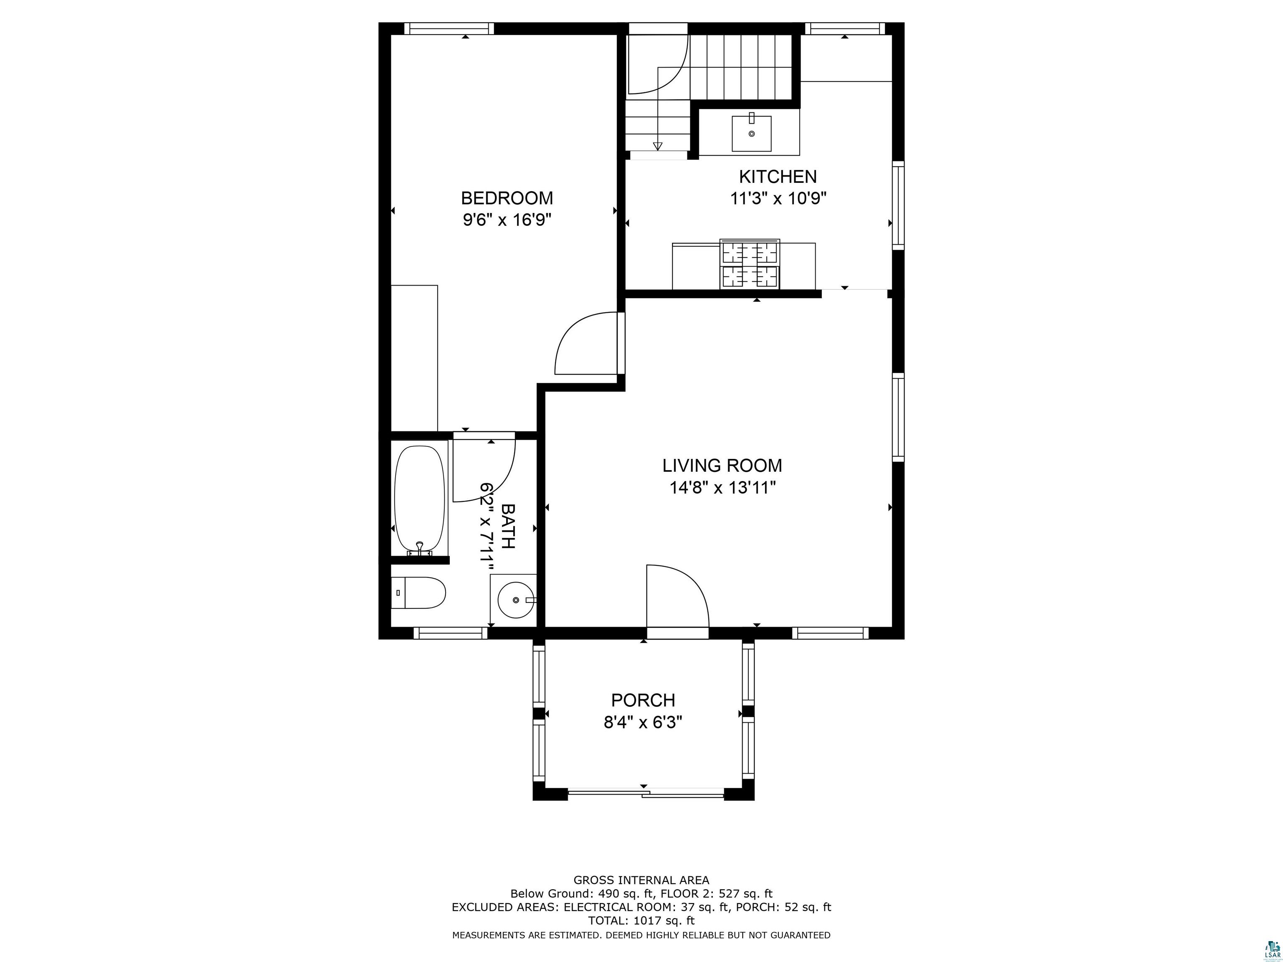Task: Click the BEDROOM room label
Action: (x=506, y=198)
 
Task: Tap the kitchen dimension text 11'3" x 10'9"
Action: (x=778, y=199)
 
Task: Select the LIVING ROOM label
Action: (x=722, y=466)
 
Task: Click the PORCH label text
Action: (x=643, y=701)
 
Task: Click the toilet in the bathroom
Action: (x=418, y=592)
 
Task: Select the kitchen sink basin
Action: (x=752, y=133)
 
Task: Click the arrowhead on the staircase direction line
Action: (x=657, y=147)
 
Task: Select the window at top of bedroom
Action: (x=449, y=28)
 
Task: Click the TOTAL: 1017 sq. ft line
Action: (x=641, y=920)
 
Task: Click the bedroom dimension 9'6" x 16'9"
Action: (x=506, y=220)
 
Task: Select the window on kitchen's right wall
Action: (x=898, y=205)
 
